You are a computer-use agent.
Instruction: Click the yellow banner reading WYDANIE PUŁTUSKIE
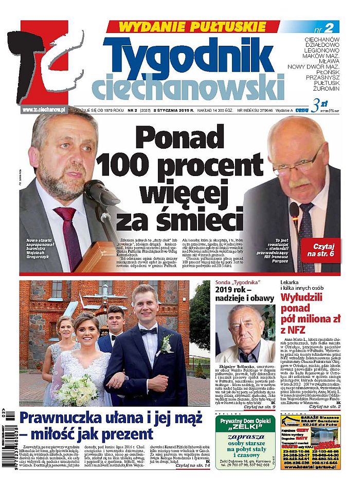tap(191, 26)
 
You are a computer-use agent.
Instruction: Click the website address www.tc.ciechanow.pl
tap(44, 110)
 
